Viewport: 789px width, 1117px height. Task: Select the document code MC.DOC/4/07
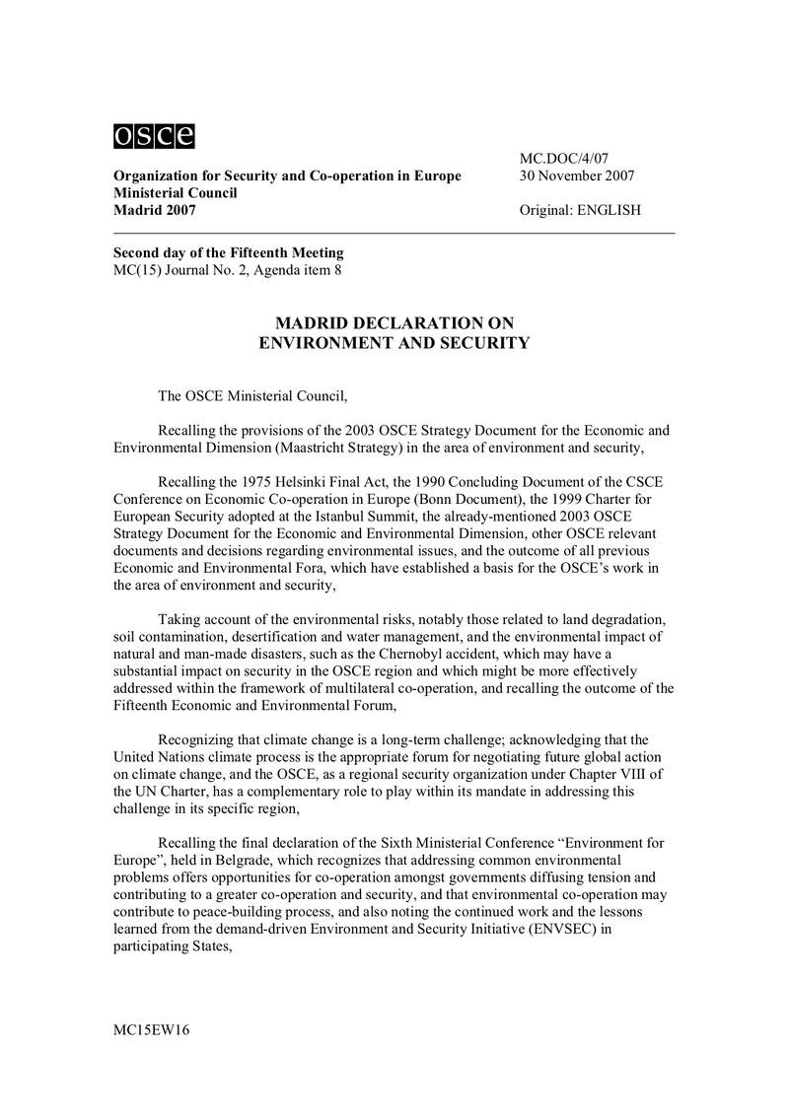coord(565,158)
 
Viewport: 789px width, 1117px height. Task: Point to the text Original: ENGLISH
coord(580,210)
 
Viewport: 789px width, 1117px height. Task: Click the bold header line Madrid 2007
coord(156,210)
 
